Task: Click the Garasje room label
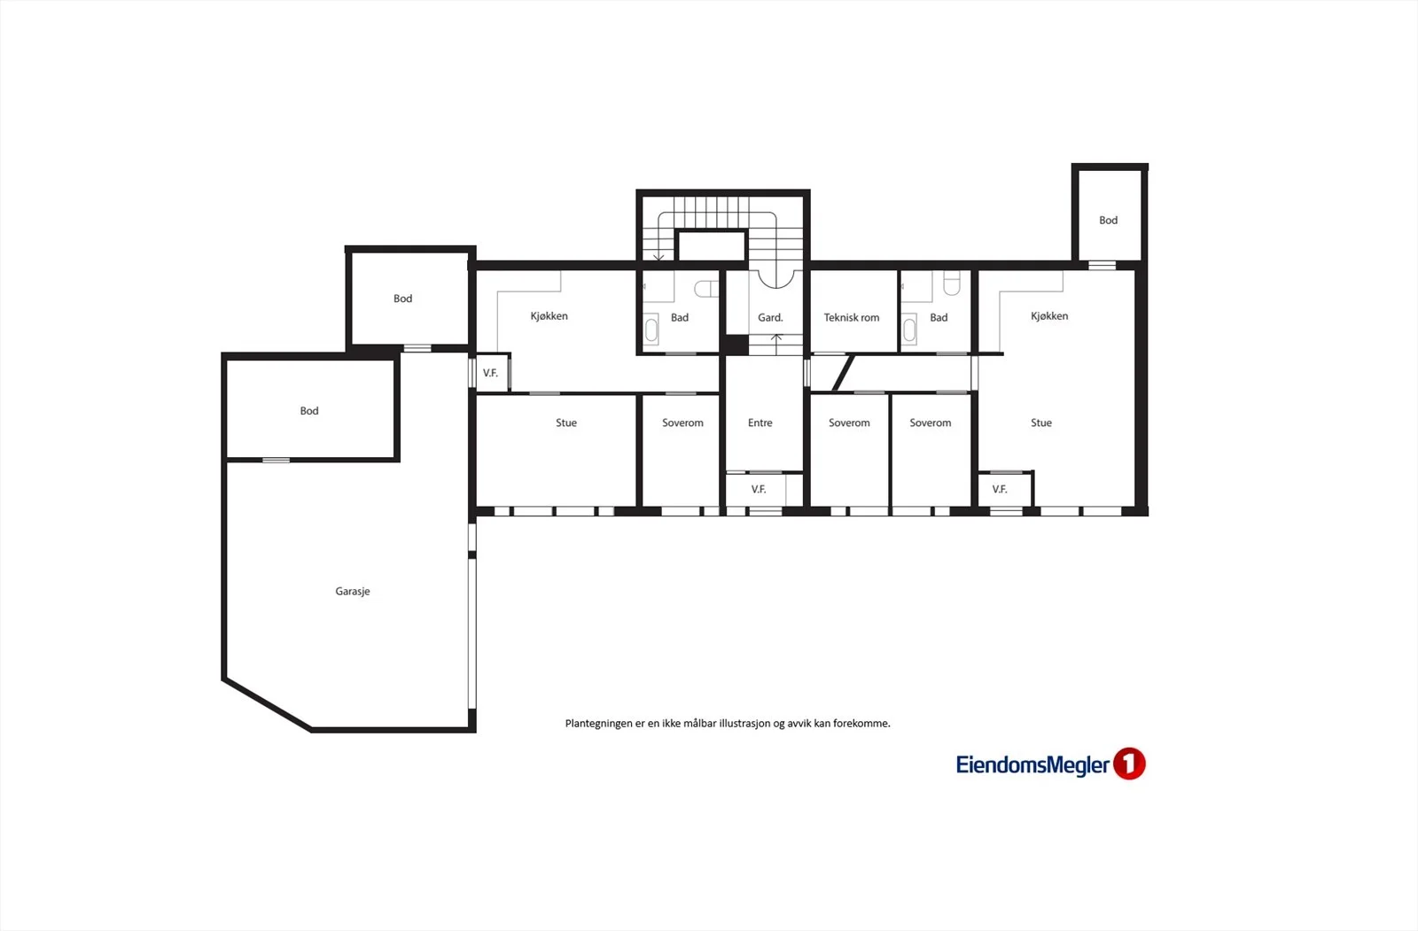pos(353,591)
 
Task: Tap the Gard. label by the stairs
pos(770,318)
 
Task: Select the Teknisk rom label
pos(852,318)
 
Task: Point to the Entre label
pos(760,423)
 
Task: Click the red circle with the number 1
pos(1129,764)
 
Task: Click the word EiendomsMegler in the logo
pos(1032,764)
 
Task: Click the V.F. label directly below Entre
pos(759,489)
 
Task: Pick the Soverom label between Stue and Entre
pos(682,423)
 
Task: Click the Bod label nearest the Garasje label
pos(309,411)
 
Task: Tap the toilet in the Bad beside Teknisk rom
pos(952,283)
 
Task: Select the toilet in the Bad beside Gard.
pos(706,290)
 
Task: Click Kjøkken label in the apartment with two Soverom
pos(1049,316)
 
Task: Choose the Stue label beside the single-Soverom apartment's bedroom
pos(566,423)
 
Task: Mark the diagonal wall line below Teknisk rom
pos(843,373)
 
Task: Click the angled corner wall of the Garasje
pos(267,705)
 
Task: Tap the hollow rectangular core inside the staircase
pos(712,245)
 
